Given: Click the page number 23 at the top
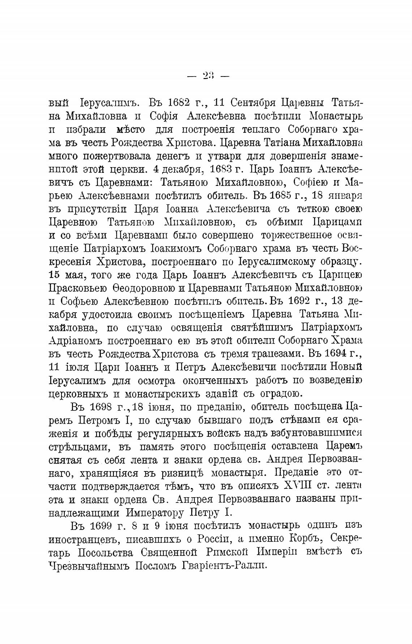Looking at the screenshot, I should click(209, 76).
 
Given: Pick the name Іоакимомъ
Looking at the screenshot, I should click(173, 249).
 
